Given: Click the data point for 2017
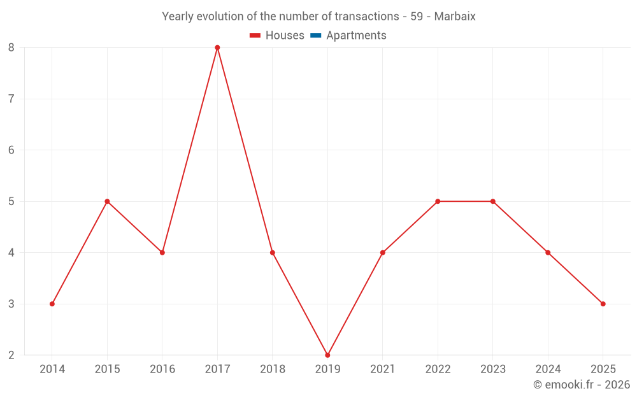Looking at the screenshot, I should [217, 48].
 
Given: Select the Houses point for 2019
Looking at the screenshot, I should [327, 355].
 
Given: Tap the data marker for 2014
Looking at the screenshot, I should [52, 304].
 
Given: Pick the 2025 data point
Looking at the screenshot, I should [603, 304].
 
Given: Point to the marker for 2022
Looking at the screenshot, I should [438, 201].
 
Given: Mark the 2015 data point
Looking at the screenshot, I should [107, 201].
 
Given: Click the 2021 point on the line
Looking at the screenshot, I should [382, 253].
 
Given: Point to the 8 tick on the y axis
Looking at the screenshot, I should [11, 48].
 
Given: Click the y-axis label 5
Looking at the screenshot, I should [11, 201].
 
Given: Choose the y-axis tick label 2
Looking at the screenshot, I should [11, 355].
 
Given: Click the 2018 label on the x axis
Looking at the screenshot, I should [273, 369].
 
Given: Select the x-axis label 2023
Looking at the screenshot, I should [492, 369].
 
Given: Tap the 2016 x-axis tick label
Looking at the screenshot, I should [162, 369].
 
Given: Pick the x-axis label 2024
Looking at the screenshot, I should [548, 369].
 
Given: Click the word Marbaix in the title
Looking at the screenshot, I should [455, 17].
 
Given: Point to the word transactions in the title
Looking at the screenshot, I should [368, 17].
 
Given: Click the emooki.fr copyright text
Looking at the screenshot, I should [582, 385].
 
